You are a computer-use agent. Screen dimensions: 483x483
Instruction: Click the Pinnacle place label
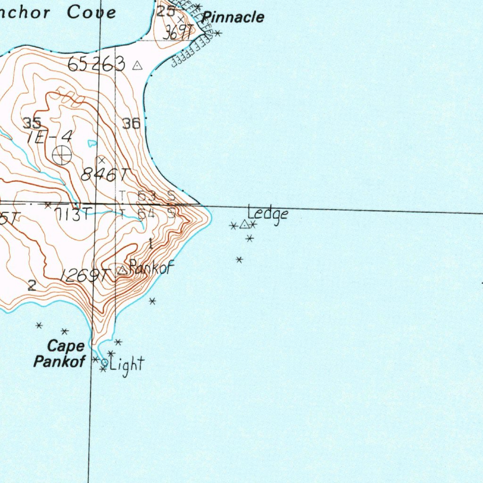[x=233, y=18]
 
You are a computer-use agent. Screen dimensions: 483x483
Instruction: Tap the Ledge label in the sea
[x=268, y=214]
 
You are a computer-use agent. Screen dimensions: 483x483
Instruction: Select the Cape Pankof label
[x=59, y=354]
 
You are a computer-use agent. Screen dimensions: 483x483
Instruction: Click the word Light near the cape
[x=126, y=364]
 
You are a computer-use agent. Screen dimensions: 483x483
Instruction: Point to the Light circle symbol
[x=104, y=363]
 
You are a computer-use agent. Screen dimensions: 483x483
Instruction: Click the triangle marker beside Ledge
[x=244, y=225]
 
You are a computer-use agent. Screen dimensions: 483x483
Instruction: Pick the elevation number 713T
[x=73, y=214]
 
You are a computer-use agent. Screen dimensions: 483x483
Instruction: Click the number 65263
[x=96, y=64]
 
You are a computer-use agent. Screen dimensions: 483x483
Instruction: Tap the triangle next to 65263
[x=137, y=66]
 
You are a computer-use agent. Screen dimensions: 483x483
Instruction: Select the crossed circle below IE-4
[x=62, y=155]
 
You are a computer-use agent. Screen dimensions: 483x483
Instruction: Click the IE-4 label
[x=50, y=137]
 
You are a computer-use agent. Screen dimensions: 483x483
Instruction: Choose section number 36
[x=131, y=124]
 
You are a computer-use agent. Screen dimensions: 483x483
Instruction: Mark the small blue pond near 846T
[x=92, y=142]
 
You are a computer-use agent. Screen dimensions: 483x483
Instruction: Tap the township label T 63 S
[x=147, y=195]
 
